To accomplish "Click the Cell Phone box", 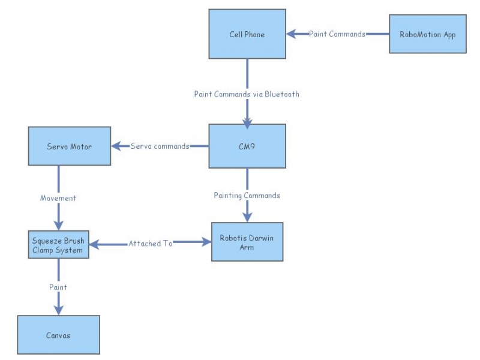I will click(247, 34).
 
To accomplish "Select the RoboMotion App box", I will click(427, 34).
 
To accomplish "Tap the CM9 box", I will click(247, 146).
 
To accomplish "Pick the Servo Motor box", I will click(70, 146).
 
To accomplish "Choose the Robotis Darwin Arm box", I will click(247, 242).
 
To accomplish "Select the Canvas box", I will click(58, 335).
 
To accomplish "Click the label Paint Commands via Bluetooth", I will click(247, 94).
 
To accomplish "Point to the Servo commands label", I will click(160, 146).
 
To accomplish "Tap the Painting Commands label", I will click(247, 195).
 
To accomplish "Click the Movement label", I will click(58, 197).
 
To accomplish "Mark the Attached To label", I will click(150, 244).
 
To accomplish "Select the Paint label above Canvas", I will click(58, 287).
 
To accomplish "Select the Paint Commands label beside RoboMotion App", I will click(337, 34).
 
